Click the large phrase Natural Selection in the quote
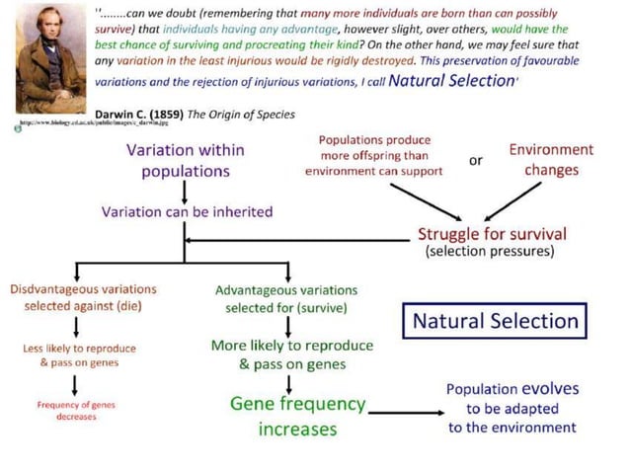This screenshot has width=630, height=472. pyautogui.click(x=453, y=80)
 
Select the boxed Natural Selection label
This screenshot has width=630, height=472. pyautogui.click(x=495, y=321)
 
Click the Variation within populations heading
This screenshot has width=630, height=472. pyautogui.click(x=186, y=160)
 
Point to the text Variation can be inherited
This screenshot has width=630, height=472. pyautogui.click(x=187, y=211)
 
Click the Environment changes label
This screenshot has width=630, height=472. pyautogui.click(x=550, y=160)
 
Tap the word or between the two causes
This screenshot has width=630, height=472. pyautogui.click(x=475, y=160)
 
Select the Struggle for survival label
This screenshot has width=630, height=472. pyautogui.click(x=491, y=234)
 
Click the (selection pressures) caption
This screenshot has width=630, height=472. pyautogui.click(x=491, y=252)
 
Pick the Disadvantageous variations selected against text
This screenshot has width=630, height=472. pyautogui.click(x=83, y=297)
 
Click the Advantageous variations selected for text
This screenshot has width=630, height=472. pyautogui.click(x=286, y=298)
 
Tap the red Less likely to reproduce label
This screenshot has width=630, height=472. pyautogui.click(x=79, y=355)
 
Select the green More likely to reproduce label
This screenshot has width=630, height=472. pyautogui.click(x=292, y=354)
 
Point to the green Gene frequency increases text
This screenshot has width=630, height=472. pyautogui.click(x=297, y=417)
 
